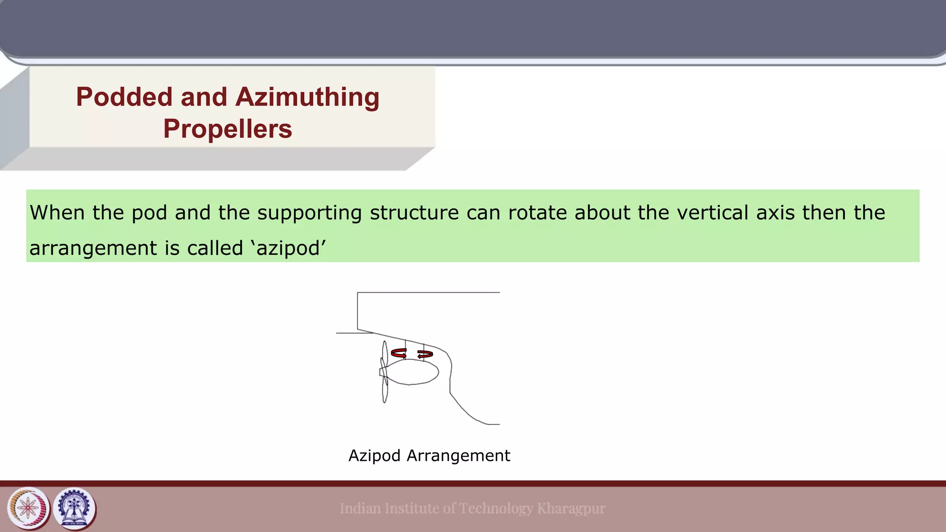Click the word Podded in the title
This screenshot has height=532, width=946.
tap(125, 97)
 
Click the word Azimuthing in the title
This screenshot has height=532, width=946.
tap(307, 97)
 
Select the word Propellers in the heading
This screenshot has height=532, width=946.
tap(228, 129)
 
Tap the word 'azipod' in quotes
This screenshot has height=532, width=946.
tap(288, 249)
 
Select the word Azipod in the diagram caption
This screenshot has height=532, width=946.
tap(374, 456)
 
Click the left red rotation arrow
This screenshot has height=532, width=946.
tap(399, 354)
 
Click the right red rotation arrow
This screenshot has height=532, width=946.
tap(425, 354)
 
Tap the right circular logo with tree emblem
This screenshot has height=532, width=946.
tap(75, 508)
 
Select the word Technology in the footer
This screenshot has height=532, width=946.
tap(496, 508)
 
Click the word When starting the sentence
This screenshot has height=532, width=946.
tap(57, 213)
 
